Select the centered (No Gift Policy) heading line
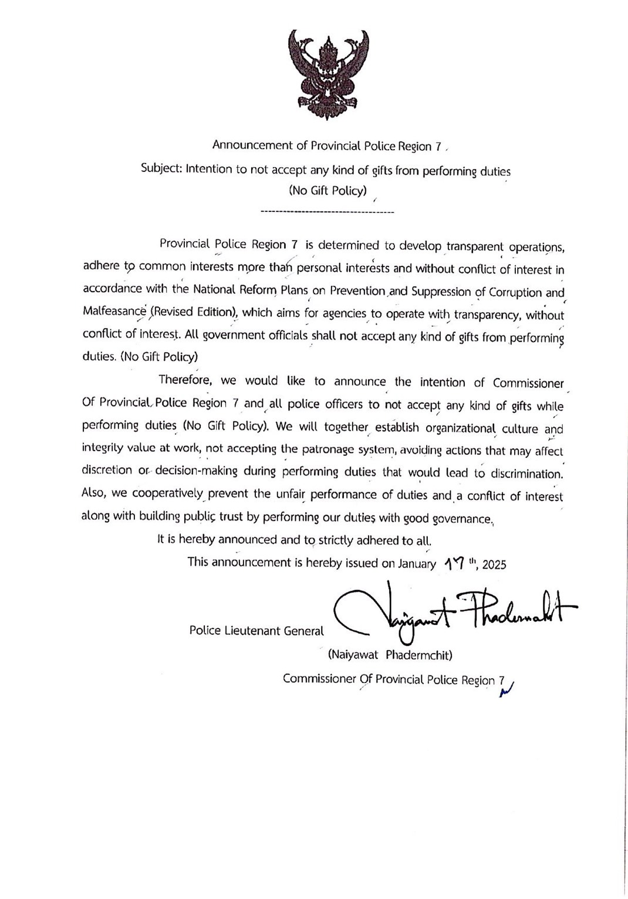pyautogui.click(x=327, y=190)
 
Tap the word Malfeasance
pyautogui.click(x=114, y=312)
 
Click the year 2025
pyautogui.click(x=494, y=565)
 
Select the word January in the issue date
pyautogui.click(x=417, y=563)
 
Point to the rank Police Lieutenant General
pyautogui.click(x=256, y=631)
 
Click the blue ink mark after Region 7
pyautogui.click(x=505, y=690)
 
